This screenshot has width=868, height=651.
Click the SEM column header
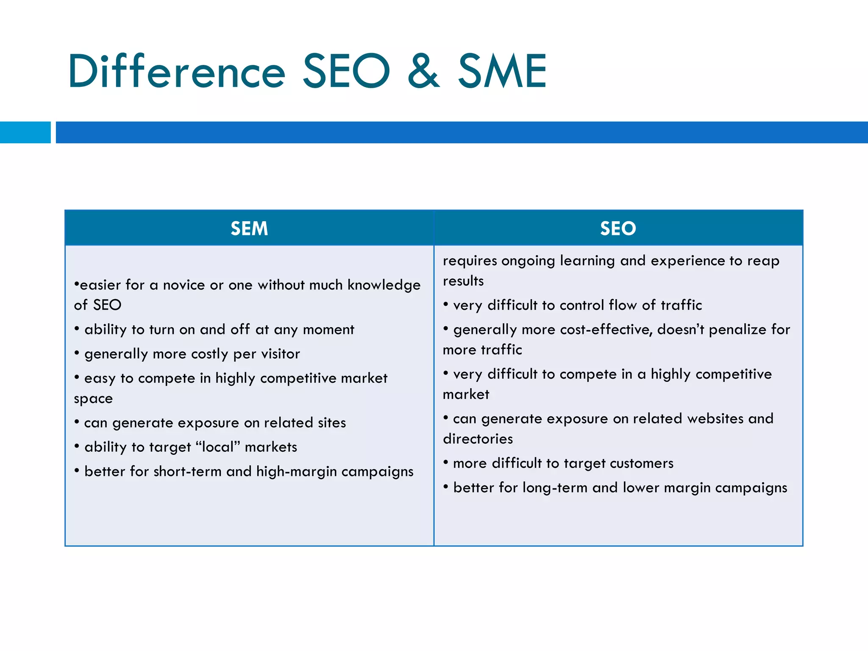click(x=249, y=228)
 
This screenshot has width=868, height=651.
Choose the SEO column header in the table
click(x=618, y=228)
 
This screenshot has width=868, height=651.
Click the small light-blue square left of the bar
click(x=25, y=132)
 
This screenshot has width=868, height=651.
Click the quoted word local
click(x=218, y=447)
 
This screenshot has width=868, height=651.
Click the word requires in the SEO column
click(x=470, y=261)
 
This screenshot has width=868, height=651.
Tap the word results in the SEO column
click(x=463, y=281)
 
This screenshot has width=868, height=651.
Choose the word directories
click(x=478, y=439)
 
